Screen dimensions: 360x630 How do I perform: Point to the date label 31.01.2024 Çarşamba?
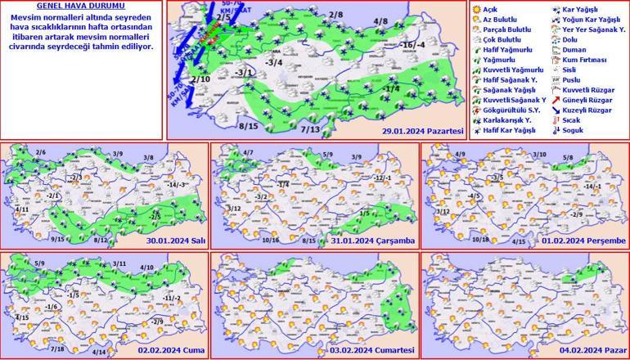[378, 241]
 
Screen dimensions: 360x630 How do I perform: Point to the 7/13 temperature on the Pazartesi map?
[309, 128]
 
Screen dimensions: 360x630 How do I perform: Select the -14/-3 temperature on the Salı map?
[178, 184]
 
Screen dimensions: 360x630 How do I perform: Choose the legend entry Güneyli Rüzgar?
[583, 100]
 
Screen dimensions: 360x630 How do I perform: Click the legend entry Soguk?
[572, 129]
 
